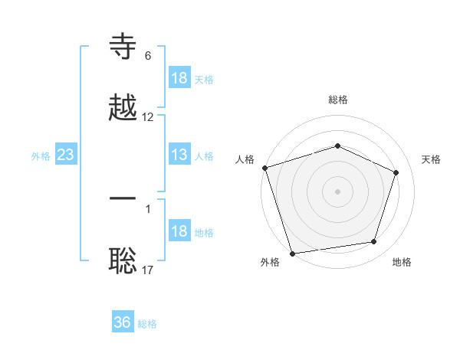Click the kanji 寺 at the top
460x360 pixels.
[123, 47]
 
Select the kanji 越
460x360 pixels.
[123, 108]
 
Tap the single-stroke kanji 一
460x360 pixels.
[123, 198]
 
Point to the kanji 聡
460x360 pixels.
[123, 261]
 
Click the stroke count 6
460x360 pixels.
[148, 56]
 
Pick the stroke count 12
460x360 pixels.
[148, 117]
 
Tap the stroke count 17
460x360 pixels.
[148, 270]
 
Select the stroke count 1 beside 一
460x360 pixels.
[148, 208]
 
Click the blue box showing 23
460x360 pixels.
[65, 155]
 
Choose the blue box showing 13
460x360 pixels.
[179, 155]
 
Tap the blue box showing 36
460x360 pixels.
[122, 322]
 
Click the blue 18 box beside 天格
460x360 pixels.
[179, 78]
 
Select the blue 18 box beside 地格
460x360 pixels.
[179, 232]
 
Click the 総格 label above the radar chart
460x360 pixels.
[337, 100]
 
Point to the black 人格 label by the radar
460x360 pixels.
[245, 159]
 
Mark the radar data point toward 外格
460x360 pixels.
[293, 253]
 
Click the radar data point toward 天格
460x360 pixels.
[396, 172]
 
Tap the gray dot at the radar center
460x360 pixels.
[337, 191]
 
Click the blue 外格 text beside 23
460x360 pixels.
[41, 156]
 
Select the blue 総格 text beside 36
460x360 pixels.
[147, 324]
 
